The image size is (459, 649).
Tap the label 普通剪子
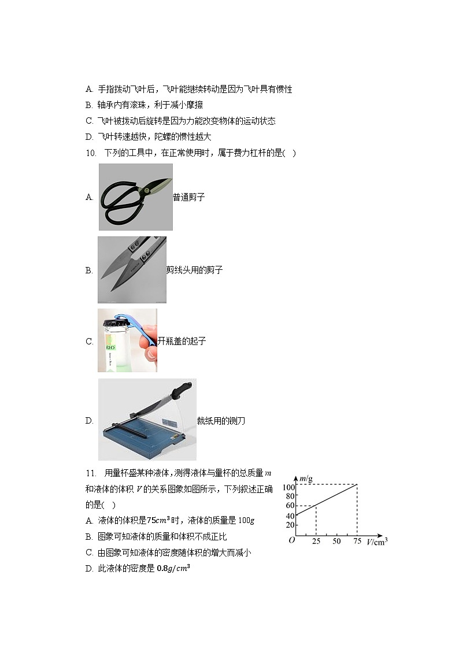point(189,197)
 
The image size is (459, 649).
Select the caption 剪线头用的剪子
point(194,270)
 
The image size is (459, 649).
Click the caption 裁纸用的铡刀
point(221,421)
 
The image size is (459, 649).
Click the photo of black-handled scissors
point(135,197)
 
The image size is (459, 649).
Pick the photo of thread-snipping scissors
point(132,269)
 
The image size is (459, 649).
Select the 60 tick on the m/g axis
point(289,506)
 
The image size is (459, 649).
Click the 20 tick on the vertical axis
point(289,525)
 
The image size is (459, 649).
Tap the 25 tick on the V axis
point(316,542)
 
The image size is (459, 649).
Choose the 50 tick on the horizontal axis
point(336,542)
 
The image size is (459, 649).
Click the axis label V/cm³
point(377,543)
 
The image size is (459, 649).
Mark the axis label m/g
point(306,478)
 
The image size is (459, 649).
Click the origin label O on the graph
point(291,540)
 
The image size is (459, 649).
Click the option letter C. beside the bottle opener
point(90,342)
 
